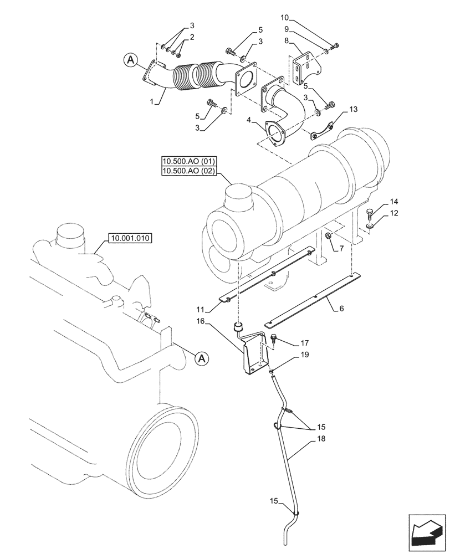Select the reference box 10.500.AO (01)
coord(189,162)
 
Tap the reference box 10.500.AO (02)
coord(189,172)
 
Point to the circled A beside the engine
coord(202,359)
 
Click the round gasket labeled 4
coord(275,133)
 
